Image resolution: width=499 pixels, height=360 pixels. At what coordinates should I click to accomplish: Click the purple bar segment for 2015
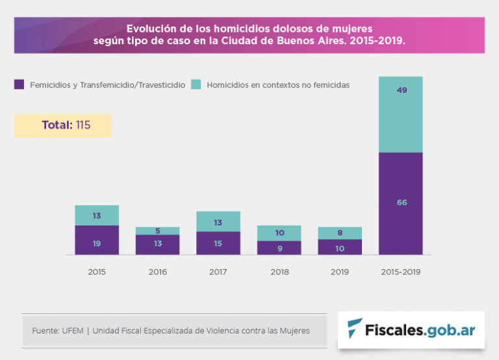[97, 240]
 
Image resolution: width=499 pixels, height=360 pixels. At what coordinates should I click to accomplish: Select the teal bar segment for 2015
[97, 215]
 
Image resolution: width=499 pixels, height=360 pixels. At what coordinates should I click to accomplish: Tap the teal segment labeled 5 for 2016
[158, 231]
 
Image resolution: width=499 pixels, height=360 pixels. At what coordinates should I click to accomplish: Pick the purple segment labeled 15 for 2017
[218, 243]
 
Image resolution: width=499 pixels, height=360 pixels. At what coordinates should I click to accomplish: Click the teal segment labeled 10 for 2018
[279, 233]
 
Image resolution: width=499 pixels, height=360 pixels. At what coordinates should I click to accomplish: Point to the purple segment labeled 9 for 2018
[279, 248]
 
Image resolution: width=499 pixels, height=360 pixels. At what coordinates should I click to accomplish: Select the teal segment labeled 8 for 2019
[340, 233]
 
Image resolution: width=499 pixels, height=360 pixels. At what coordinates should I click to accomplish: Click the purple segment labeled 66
[401, 203]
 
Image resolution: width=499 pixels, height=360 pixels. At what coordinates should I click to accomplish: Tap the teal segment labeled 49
[401, 114]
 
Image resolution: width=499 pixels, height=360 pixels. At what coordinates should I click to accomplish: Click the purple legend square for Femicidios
[19, 84]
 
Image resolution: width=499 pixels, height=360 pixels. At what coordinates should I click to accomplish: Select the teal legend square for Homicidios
[196, 84]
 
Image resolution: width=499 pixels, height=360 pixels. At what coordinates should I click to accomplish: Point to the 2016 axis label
[158, 272]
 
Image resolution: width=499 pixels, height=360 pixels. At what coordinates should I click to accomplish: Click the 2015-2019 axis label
[401, 272]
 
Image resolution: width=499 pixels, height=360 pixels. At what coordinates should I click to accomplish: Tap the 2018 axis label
[279, 272]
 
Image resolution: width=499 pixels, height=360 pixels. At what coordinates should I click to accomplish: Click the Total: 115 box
[63, 125]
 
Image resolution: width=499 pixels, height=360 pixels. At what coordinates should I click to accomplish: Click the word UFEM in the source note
[73, 331]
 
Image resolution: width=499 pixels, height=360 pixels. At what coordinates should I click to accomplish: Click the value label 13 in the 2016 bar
[158, 244]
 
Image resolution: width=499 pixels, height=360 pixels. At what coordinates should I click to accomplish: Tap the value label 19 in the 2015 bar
[97, 244]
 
